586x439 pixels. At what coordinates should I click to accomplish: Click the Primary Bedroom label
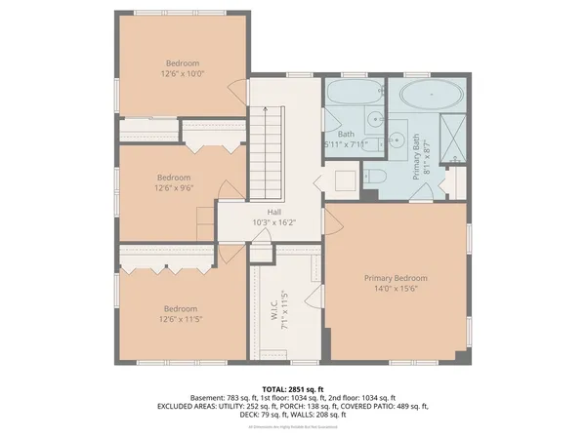[396, 278]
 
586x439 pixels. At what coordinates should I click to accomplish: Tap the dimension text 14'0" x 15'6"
[396, 290]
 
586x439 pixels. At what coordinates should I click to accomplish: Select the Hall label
[274, 211]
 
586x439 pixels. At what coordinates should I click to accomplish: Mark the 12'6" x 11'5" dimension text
[180, 319]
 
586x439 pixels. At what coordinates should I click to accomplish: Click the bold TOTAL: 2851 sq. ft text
[292, 389]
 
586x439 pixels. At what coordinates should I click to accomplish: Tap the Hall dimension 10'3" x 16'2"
[274, 221]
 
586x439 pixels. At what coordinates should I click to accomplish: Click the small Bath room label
[346, 135]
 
